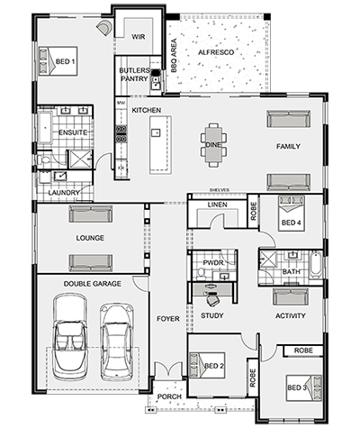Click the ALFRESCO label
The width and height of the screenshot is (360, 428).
coord(216,52)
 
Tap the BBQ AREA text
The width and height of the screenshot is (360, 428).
coord(174,56)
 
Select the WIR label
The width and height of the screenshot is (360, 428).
coord(139,37)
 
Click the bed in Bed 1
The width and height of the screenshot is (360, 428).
coord(58,61)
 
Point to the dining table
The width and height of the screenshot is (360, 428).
coord(213,144)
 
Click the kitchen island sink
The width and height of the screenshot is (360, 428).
coord(156,132)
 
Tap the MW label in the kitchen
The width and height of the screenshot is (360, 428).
coord(121,103)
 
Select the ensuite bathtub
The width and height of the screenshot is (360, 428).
coord(45,128)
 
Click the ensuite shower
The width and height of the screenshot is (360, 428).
coord(80,159)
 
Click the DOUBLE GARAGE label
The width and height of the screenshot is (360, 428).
coord(93,284)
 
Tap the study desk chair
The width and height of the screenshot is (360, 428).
coord(213,299)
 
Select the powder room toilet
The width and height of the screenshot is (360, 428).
coord(201,273)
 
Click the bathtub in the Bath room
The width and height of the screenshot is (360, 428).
coord(315,263)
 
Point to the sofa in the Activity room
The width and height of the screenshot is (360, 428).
coord(290,296)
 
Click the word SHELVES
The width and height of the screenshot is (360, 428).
coord(220,190)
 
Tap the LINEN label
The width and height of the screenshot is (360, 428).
coord(218,205)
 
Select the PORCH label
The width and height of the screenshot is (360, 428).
coord(169,396)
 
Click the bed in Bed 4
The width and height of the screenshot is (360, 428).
coord(292,214)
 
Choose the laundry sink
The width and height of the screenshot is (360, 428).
coord(60,176)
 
